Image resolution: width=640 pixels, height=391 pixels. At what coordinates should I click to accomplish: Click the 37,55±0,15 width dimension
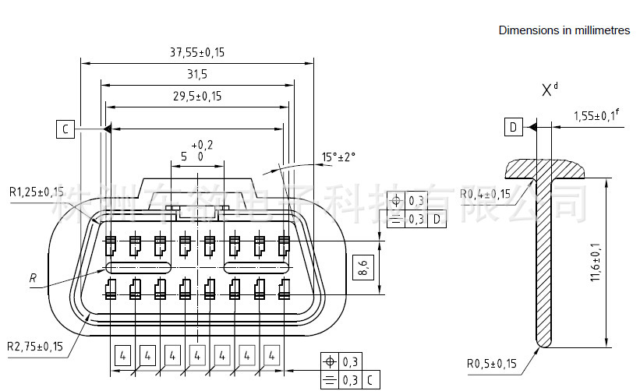pos(197,53)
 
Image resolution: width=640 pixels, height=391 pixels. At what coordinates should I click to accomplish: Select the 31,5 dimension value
pos(197,74)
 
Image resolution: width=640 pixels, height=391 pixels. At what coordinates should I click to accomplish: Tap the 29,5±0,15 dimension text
pos(197,97)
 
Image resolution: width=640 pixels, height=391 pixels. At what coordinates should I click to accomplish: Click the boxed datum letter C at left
pos(65,129)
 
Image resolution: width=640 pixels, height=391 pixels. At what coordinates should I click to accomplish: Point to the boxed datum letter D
pos(513,127)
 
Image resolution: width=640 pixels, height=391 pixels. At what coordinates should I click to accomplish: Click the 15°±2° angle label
pos(338,157)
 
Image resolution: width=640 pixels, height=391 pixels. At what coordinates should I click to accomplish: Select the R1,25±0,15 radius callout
pos(36,192)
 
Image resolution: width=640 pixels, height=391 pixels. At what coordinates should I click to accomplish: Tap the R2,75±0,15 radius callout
pos(34,347)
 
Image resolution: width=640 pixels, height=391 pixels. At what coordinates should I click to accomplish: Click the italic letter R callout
pos(33,277)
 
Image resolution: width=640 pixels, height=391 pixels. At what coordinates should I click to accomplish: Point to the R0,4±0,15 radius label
pos(485,193)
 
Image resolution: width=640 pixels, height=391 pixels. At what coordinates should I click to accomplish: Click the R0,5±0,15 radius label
pos(491,363)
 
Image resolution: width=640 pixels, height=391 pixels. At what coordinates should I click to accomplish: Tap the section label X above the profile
pos(548,90)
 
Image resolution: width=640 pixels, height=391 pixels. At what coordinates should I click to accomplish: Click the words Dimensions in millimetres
pos(564,30)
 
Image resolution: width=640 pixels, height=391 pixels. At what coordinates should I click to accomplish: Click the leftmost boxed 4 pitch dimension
pos(122,356)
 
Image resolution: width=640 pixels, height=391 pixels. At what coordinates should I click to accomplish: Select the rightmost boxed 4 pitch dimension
pos(272,356)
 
